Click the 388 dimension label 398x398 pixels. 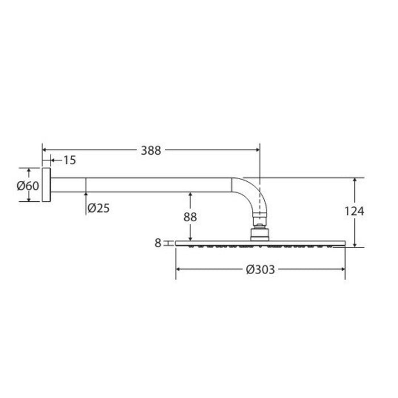pos(151,151)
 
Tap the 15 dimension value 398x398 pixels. pos(69,160)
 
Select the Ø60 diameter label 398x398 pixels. pos(28,186)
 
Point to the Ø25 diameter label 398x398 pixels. pos(98,209)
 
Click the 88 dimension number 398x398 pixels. pos(190,217)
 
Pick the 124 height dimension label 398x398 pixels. pos(354,211)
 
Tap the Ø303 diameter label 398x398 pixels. pos(260,270)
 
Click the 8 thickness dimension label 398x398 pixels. pos(158,243)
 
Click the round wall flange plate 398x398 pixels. pos(46,185)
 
